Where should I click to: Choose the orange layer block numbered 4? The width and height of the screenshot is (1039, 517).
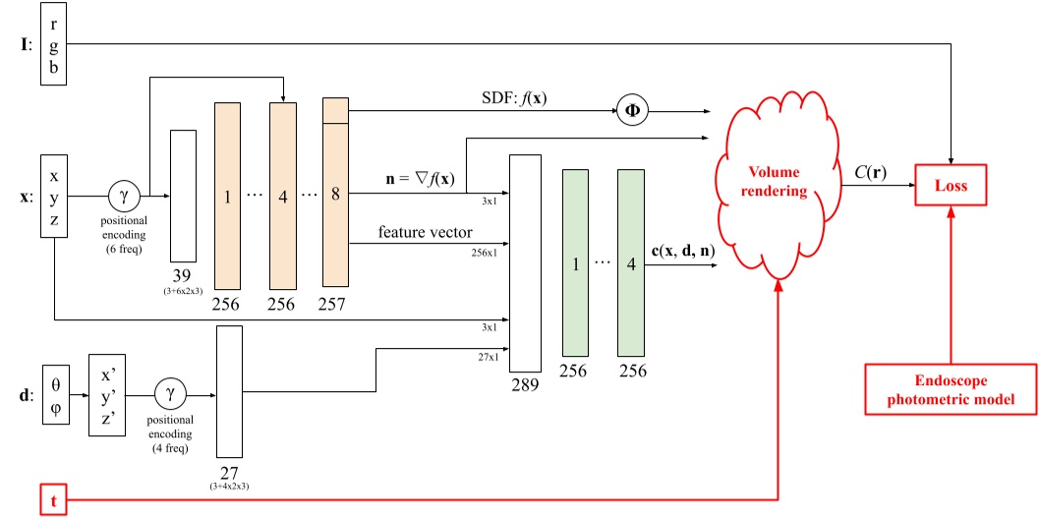click(283, 196)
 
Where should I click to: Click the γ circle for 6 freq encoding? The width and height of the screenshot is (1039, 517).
click(124, 196)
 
